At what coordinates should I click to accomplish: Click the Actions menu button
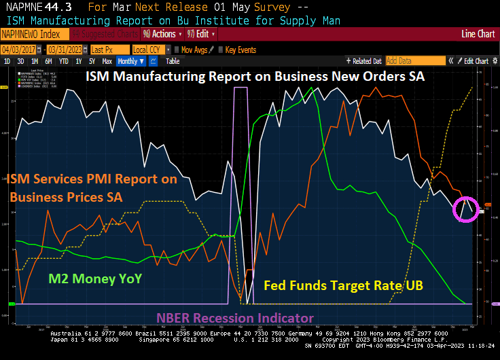[x=161, y=33]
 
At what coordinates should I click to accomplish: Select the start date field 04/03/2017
[x=18, y=50]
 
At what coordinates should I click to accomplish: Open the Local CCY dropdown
[x=149, y=50]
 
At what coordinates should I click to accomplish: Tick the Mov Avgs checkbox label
[x=194, y=50]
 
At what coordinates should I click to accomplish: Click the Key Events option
[x=240, y=50]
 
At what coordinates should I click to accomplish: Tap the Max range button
[x=107, y=61]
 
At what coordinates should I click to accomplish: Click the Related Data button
[x=363, y=61]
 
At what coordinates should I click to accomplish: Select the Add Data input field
[x=407, y=61]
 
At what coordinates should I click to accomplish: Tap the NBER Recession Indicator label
[x=235, y=318]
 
